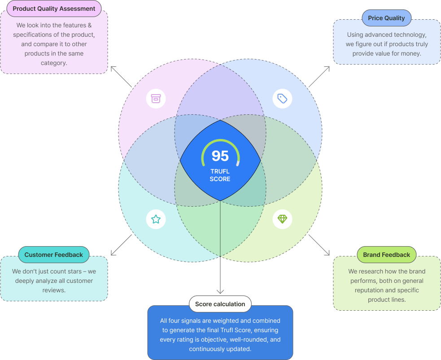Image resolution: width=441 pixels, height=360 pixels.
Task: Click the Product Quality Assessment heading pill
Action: coord(54,9)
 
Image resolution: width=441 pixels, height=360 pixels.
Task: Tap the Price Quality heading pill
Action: coord(386,18)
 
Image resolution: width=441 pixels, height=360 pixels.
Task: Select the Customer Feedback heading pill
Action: coord(53,255)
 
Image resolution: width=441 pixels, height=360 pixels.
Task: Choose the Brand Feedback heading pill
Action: coord(386,255)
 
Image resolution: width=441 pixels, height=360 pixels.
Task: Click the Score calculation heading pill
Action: coord(220,304)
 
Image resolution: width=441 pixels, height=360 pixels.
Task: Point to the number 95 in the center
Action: coord(220,156)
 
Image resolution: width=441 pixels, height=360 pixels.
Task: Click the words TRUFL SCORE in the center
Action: coord(220,175)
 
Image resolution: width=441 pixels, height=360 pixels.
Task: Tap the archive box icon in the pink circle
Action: coord(156,99)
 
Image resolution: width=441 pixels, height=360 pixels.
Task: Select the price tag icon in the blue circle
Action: coord(282,99)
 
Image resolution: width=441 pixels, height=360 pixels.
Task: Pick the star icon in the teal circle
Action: coord(156,219)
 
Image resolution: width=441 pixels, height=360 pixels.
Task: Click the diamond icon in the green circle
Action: coord(282,219)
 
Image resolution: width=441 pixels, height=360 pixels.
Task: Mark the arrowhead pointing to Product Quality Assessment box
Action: coord(113,68)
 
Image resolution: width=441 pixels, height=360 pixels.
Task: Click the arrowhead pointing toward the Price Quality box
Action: coord(327,68)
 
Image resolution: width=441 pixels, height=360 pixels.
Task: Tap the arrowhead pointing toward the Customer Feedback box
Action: coord(113,253)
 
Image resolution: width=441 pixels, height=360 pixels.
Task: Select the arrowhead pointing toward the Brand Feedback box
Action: coord(327,253)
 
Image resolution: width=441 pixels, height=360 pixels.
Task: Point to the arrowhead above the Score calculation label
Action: coord(220,291)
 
